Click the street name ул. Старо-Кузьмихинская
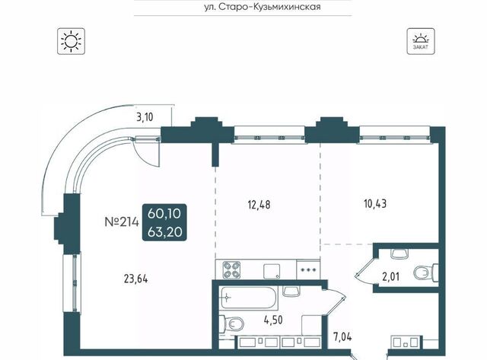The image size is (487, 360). [263, 7]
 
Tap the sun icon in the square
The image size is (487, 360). [71, 41]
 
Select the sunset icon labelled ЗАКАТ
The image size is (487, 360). [421, 41]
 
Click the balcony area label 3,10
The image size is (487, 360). [145, 117]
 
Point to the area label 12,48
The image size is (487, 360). [259, 205]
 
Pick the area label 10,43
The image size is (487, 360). [375, 204]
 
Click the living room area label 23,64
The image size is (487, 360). [135, 279]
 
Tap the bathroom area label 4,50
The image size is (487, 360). [273, 320]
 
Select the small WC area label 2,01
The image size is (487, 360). [390, 276]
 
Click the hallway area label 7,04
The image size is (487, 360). [342, 336]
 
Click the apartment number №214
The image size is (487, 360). [122, 222]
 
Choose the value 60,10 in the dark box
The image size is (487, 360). [164, 214]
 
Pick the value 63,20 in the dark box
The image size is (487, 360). [164, 231]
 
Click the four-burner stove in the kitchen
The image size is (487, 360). [232, 269]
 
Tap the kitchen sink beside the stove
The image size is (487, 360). [272, 272]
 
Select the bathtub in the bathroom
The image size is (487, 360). [249, 298]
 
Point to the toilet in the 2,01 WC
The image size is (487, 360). [426, 273]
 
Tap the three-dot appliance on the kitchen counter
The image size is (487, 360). [307, 269]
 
